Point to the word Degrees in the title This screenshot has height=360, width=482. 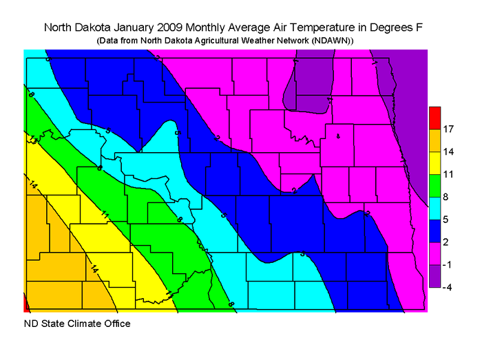coord(391,28)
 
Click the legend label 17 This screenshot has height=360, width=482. coord(448,129)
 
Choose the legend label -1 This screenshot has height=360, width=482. coord(448,264)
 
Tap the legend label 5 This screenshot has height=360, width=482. coord(448,220)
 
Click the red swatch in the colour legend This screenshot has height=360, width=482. coord(434,118)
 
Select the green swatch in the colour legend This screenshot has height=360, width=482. coord(434,185)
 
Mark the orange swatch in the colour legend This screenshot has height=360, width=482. coord(434,140)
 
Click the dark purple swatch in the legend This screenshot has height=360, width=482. coord(434,275)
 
